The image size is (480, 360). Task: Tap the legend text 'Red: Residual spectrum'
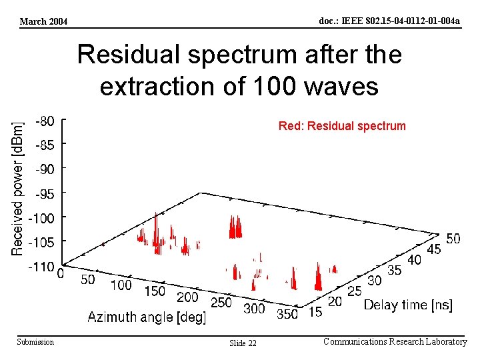[341, 125]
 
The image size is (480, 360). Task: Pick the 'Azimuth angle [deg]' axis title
[147, 317]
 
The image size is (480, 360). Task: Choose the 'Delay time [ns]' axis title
[408, 305]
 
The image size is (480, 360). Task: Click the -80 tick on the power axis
[45, 121]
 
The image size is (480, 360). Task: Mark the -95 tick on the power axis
[45, 194]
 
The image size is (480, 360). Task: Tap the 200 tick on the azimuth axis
[187, 297]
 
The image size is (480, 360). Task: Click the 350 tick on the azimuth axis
[287, 314]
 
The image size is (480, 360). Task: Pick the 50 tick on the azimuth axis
[87, 280]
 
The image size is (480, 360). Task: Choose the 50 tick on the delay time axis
[453, 239]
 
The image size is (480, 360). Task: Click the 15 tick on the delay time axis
[316, 311]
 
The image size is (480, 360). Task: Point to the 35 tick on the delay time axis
[395, 270]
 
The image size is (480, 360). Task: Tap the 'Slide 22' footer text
[243, 343]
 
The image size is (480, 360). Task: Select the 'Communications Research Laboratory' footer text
[395, 342]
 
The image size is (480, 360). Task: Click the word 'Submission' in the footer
[35, 342]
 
